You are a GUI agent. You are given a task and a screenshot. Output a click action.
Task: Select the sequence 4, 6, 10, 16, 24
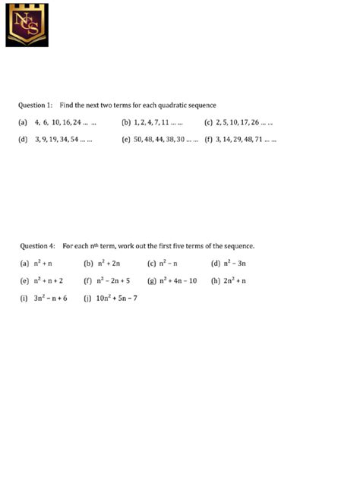[x=65, y=122]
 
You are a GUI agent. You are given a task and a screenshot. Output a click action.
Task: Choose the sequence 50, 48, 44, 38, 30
[x=166, y=140]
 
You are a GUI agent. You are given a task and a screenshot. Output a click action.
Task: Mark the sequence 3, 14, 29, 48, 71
[x=246, y=140]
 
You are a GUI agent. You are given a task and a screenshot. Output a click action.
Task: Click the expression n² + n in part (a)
[x=43, y=264]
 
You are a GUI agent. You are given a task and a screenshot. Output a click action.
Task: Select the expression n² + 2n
[x=107, y=264]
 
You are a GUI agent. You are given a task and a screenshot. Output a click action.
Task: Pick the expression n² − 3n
[x=235, y=264]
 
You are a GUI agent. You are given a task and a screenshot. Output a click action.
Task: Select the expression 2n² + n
[x=235, y=281]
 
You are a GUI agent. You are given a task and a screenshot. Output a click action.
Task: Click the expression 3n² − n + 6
[x=50, y=298]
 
